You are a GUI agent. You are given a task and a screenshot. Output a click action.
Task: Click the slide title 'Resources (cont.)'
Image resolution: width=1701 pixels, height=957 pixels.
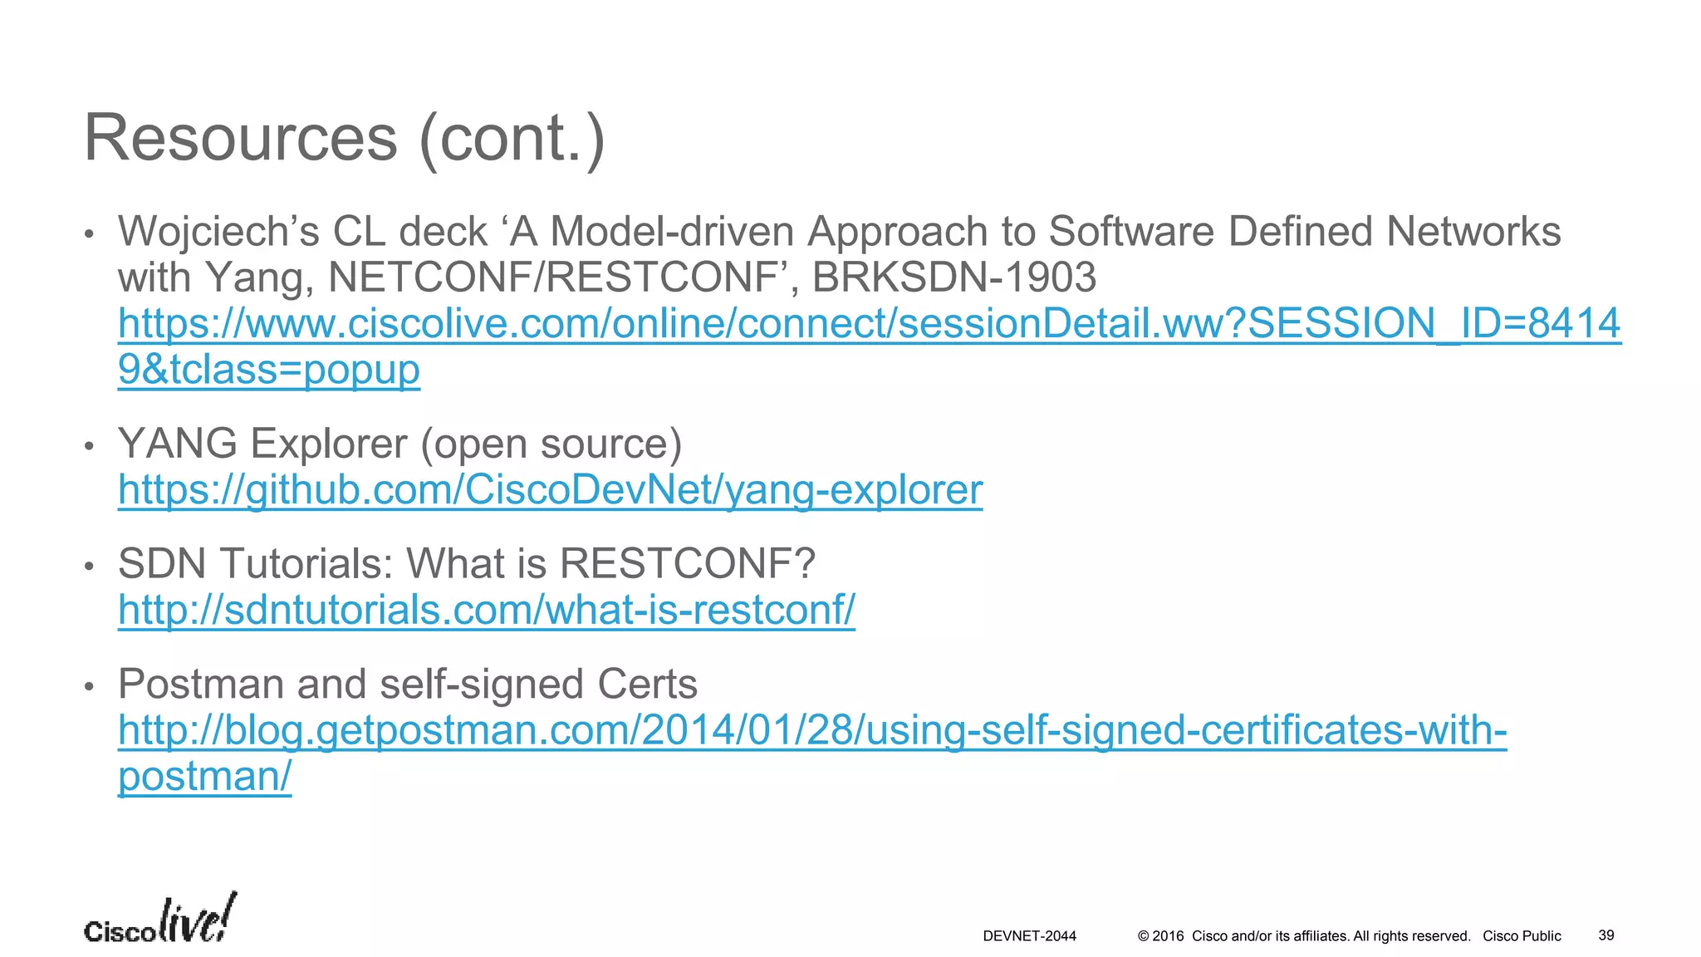click(344, 138)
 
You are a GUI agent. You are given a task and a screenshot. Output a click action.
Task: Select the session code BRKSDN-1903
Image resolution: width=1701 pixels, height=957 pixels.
click(953, 277)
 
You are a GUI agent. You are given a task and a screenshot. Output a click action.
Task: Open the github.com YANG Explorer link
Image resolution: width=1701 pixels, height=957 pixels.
click(550, 490)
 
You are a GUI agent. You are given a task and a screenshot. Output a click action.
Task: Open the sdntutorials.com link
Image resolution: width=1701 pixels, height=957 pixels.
click(486, 611)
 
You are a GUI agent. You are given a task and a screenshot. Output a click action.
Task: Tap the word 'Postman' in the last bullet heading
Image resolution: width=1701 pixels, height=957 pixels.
click(200, 685)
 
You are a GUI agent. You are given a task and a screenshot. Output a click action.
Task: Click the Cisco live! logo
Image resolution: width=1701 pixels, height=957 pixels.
click(160, 920)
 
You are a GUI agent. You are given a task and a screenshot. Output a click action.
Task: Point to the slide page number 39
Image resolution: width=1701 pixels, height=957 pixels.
click(1606, 935)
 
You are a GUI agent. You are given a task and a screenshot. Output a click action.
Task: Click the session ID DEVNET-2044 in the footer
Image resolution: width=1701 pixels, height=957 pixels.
click(1029, 936)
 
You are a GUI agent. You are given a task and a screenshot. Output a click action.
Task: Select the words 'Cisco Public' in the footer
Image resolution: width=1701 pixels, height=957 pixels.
click(1522, 936)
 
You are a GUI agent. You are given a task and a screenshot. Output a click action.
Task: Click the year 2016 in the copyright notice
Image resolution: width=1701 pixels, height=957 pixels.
click(1168, 936)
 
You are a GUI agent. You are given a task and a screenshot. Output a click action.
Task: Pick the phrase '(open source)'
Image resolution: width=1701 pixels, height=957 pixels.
click(551, 444)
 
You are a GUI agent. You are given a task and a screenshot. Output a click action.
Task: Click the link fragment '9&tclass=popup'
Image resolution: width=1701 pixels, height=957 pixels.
click(268, 370)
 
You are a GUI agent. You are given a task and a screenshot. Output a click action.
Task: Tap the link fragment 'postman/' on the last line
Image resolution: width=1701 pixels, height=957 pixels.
click(204, 777)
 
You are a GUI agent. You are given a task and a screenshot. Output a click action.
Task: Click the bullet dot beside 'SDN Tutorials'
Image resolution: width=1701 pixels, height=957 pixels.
click(90, 567)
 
